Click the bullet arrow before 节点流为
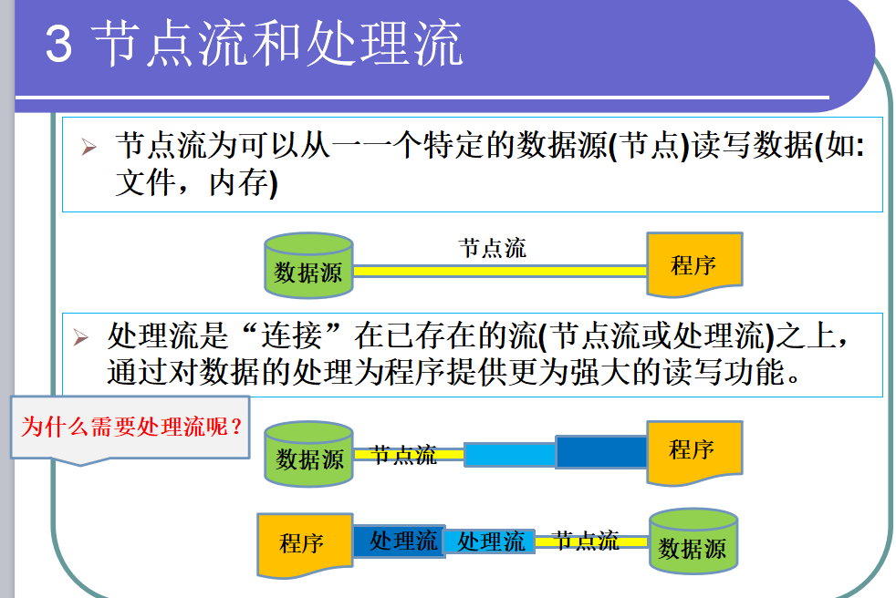pos(89,148)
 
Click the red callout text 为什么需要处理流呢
pos(132,427)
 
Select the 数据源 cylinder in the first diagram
pos(308,266)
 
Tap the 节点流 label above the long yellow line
pos(493,248)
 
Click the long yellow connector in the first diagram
pos(499,271)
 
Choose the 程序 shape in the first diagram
pos(693,264)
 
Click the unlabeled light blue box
pos(509,454)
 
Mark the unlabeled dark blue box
pos(600,452)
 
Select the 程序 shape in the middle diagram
pos(693,451)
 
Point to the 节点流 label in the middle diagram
pos(404,455)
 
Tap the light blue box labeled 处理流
pos(490,542)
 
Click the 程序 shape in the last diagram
pos(303,545)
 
